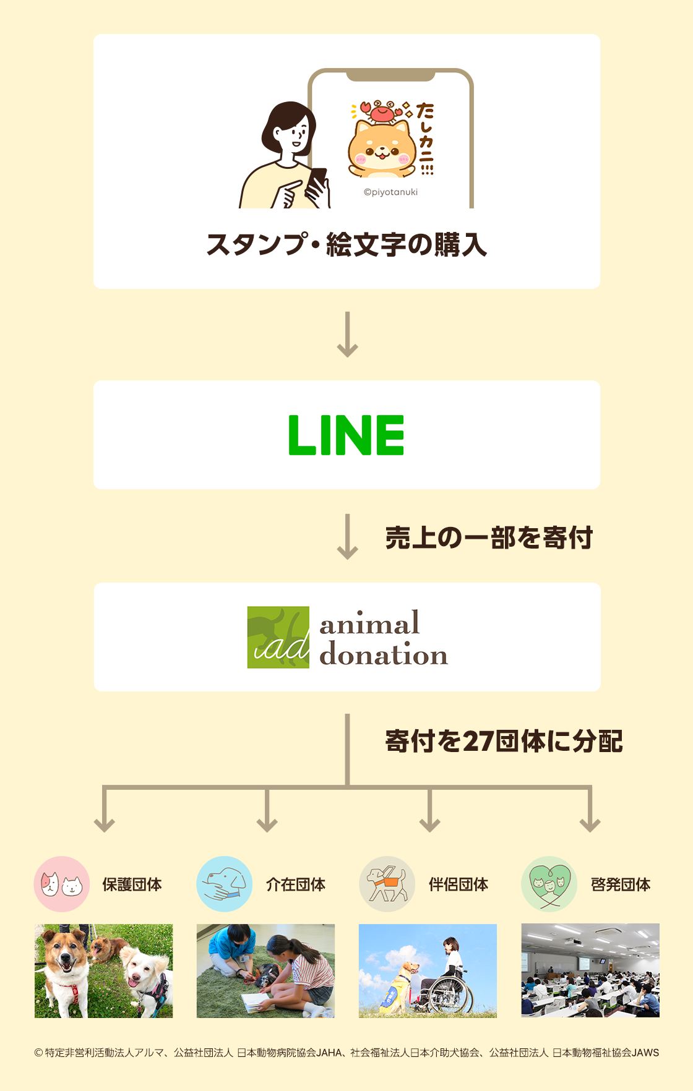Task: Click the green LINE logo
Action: point(346,435)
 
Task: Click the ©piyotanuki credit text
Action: point(390,192)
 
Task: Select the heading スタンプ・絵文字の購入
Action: point(346,245)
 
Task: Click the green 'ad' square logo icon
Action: point(278,637)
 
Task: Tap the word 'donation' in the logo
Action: point(384,655)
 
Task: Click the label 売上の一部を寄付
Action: point(489,538)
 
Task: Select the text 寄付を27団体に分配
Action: point(504,741)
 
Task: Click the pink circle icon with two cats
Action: point(62,884)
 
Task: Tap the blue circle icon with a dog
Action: point(224,884)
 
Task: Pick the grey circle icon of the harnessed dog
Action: point(387,884)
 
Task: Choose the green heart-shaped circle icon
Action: point(549,884)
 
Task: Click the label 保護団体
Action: point(132,885)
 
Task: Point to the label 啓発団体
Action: point(621,885)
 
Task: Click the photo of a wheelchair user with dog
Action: point(428,970)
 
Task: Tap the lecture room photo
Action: point(590,970)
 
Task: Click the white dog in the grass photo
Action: point(145,977)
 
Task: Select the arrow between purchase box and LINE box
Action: point(347,335)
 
